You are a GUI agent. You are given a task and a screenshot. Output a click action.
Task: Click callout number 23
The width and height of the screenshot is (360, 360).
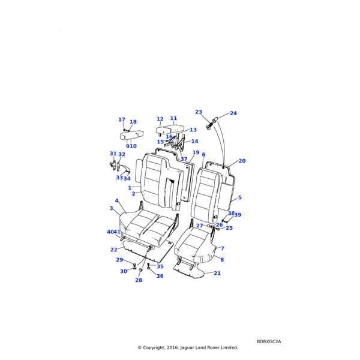(198, 112)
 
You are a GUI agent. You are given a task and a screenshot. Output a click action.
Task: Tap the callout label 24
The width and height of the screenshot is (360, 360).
(233, 113)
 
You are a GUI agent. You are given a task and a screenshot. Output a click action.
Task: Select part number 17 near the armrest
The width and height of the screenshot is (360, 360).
(122, 120)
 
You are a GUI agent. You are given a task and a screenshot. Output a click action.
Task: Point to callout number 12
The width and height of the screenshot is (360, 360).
(160, 119)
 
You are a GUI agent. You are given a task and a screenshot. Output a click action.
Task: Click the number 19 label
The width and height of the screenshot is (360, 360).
(196, 153)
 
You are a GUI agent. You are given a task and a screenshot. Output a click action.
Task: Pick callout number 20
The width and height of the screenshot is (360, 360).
(242, 161)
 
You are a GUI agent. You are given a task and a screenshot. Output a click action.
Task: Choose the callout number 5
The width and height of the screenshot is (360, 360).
(239, 197)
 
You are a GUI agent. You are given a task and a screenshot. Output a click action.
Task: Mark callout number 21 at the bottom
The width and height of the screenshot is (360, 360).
(217, 273)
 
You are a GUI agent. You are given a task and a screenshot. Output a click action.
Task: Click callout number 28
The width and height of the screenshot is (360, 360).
(139, 280)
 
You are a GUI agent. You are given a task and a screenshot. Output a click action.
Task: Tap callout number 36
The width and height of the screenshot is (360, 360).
(160, 276)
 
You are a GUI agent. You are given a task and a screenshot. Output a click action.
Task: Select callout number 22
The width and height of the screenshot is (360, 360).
(114, 250)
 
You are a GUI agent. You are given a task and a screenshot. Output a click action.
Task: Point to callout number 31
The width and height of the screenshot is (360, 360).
(112, 154)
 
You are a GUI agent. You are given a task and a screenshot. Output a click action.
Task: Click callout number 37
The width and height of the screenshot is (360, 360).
(184, 159)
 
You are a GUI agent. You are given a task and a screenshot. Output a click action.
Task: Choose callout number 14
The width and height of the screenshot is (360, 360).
(194, 142)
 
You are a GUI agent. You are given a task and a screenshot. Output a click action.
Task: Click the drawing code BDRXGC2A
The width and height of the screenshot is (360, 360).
(268, 341)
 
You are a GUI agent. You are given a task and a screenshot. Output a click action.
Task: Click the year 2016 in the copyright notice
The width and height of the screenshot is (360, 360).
(170, 347)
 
